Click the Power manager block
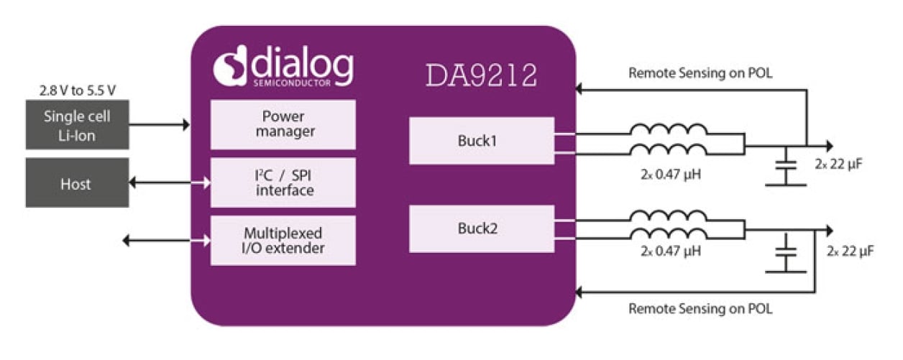pos(283,124)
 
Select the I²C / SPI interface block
pos(283,183)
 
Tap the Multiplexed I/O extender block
pos(283,241)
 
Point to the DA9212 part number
pos(481,75)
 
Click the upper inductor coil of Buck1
pos(669,131)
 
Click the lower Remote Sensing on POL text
pos(700,309)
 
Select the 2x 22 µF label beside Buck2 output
pos(850,251)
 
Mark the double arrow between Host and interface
pos(170,183)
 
